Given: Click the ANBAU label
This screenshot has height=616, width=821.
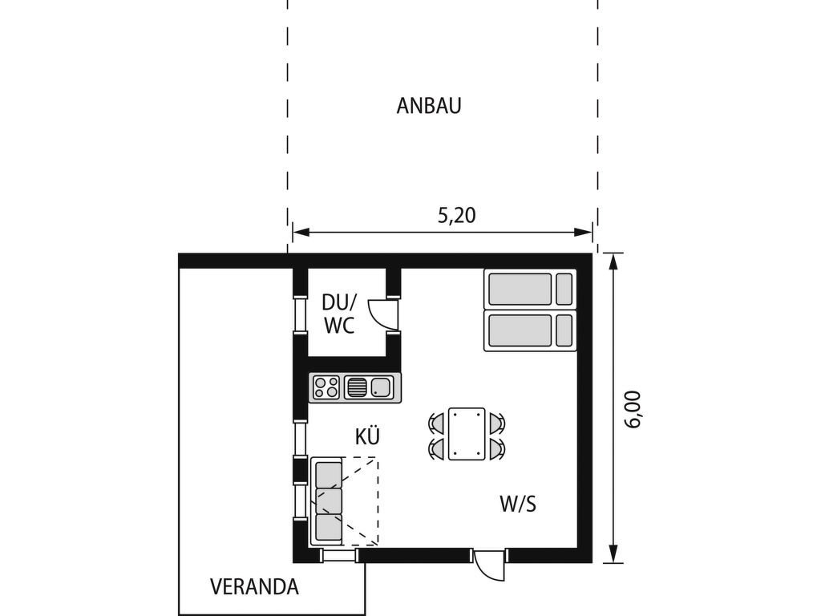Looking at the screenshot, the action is click(x=429, y=106).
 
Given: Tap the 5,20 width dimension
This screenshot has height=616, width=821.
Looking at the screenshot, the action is click(x=457, y=215).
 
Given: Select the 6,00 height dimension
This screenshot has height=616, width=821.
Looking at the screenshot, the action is click(x=633, y=410).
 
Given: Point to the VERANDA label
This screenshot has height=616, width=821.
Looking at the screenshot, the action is click(x=254, y=586).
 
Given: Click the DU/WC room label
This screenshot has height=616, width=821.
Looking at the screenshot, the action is click(x=339, y=314).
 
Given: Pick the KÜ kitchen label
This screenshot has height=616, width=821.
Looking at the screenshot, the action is click(x=367, y=436).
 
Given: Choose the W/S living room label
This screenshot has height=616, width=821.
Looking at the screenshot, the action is click(x=518, y=505).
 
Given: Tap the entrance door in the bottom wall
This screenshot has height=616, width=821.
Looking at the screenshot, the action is click(x=490, y=565).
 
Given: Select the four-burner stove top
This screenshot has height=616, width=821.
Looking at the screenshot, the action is click(x=326, y=387).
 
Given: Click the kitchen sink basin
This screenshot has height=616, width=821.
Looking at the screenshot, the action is click(x=381, y=387).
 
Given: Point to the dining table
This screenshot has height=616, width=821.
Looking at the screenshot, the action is click(x=467, y=434).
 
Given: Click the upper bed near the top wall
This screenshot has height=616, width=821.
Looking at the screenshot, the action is click(x=530, y=289).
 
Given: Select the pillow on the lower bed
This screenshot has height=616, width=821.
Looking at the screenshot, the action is click(x=564, y=330).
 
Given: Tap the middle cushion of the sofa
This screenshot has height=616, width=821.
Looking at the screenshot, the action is click(x=329, y=500).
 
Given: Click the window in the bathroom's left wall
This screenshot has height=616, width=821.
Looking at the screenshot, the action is click(x=301, y=314).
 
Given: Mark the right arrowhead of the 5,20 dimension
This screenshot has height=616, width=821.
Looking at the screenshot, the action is click(x=584, y=232).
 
